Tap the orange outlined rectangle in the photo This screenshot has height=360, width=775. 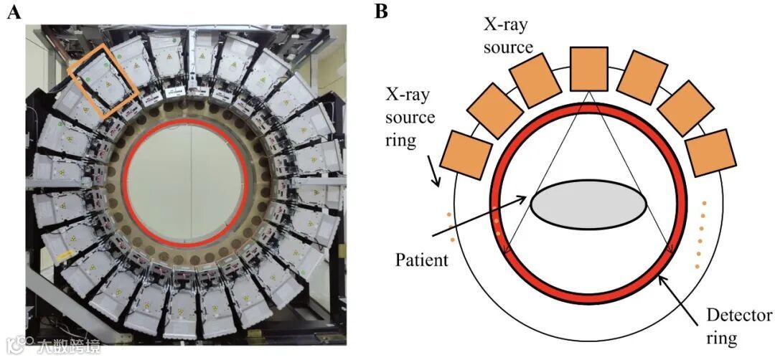pos(103,87)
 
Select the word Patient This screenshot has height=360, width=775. pos(422,259)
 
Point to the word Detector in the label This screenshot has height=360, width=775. pos(739,316)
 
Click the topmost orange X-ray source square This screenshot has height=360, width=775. pos(588,69)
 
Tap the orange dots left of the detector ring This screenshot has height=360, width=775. pos(450,227)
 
